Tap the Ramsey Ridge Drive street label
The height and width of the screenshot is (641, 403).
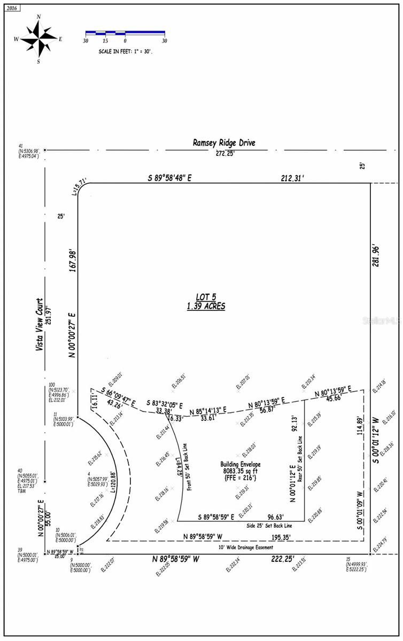click(x=224, y=143)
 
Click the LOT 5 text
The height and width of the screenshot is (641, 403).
click(x=206, y=298)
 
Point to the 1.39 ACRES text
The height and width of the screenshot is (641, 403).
click(x=206, y=306)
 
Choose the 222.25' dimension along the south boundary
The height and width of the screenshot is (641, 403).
click(x=291, y=559)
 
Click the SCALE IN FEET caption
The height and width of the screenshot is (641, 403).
click(x=125, y=51)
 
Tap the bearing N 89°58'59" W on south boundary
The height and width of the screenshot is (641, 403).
click(x=175, y=559)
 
